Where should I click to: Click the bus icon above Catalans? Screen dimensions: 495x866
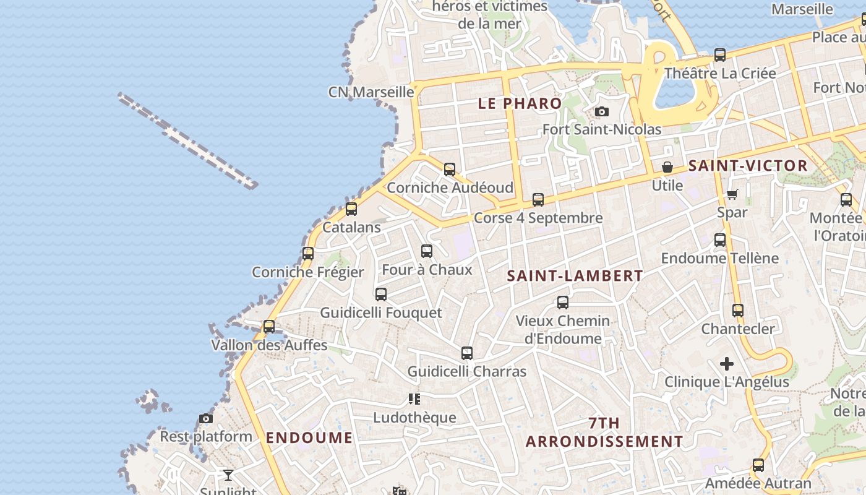pyautogui.click(x=351, y=209)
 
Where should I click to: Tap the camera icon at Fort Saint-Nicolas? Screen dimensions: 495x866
pyautogui.click(x=601, y=112)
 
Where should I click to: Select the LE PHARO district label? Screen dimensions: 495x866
pyautogui.click(x=520, y=103)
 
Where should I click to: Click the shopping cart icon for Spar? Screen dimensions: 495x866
pyautogui.click(x=732, y=195)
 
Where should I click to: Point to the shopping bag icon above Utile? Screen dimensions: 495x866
pyautogui.click(x=667, y=167)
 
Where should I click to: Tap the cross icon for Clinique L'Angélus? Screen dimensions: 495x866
pyautogui.click(x=727, y=364)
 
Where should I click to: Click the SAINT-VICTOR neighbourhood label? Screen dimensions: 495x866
pyautogui.click(x=748, y=166)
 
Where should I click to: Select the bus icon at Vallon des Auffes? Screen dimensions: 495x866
pyautogui.click(x=269, y=326)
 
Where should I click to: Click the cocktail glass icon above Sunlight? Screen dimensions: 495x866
pyautogui.click(x=228, y=475)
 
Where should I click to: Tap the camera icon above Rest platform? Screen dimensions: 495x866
pyautogui.click(x=206, y=419)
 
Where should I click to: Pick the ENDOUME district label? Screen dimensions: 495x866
pyautogui.click(x=309, y=438)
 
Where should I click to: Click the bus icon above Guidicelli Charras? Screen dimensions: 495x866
pyautogui.click(x=467, y=353)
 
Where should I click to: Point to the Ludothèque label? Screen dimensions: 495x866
pyautogui.click(x=414, y=418)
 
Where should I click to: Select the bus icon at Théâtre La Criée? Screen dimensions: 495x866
pyautogui.click(x=720, y=55)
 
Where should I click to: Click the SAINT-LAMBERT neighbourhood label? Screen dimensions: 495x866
pyautogui.click(x=575, y=276)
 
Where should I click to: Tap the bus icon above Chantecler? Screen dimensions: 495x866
pyautogui.click(x=738, y=311)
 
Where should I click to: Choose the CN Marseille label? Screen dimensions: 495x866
pyautogui.click(x=371, y=92)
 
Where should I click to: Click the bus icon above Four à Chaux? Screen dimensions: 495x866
pyautogui.click(x=427, y=251)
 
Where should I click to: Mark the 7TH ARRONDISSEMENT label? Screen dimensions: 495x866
pyautogui.click(x=604, y=433)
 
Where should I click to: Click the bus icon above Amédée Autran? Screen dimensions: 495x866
pyautogui.click(x=758, y=465)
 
